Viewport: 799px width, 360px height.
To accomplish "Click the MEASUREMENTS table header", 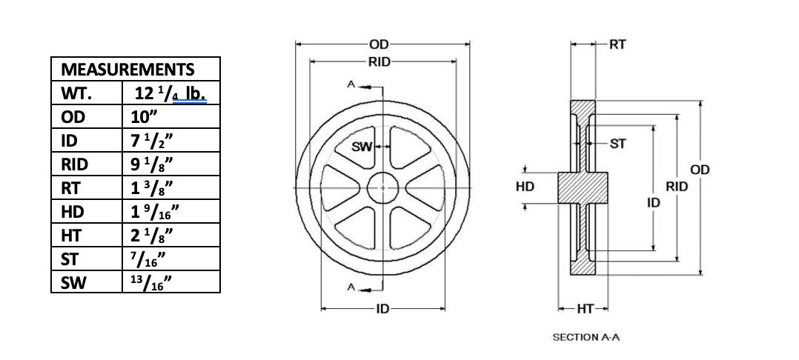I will tap(127, 70).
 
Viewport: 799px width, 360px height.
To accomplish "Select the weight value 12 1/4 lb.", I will tap(170, 93).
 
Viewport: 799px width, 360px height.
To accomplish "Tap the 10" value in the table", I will tap(139, 116).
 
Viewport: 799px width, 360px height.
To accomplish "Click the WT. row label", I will tap(76, 93).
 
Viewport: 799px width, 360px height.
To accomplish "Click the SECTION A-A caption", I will tap(586, 337).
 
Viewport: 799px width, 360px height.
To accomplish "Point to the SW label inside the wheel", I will tap(361, 147).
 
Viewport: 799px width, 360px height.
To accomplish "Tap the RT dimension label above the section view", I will tap(617, 44).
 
